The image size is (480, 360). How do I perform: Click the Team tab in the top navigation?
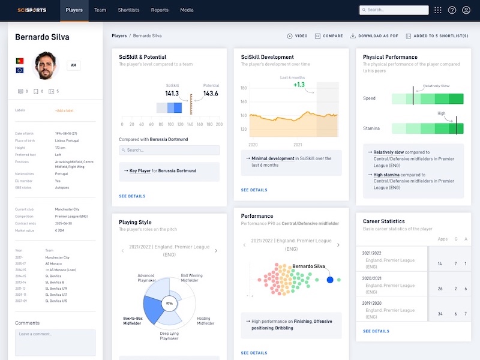100,10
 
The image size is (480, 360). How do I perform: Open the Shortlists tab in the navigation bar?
129,10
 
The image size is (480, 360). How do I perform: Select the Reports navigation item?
160,10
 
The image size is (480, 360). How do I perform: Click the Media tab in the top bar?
187,10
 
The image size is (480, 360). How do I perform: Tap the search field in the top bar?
394,10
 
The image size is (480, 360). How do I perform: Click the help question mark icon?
452,10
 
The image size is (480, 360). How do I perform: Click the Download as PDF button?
374,36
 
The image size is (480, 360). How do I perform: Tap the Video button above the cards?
298,36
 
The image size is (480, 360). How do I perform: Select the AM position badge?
74,65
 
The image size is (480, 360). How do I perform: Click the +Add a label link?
64,110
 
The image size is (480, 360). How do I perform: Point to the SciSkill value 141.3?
172,94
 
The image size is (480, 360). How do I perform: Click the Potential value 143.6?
211,94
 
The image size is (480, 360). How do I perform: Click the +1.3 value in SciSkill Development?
299,85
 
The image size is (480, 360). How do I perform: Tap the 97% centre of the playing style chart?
169,304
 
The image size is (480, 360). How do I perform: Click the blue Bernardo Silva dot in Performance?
329,280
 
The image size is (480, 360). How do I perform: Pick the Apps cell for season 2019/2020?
440,314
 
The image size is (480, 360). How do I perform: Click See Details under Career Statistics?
376,331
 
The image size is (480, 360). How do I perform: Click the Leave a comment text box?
55,341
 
